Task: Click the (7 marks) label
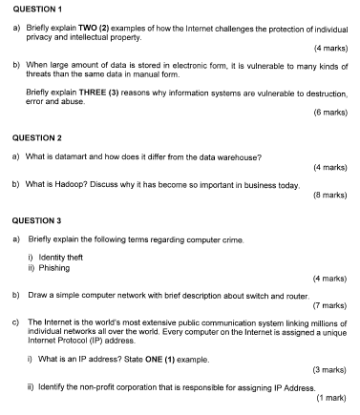pos(328,306)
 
